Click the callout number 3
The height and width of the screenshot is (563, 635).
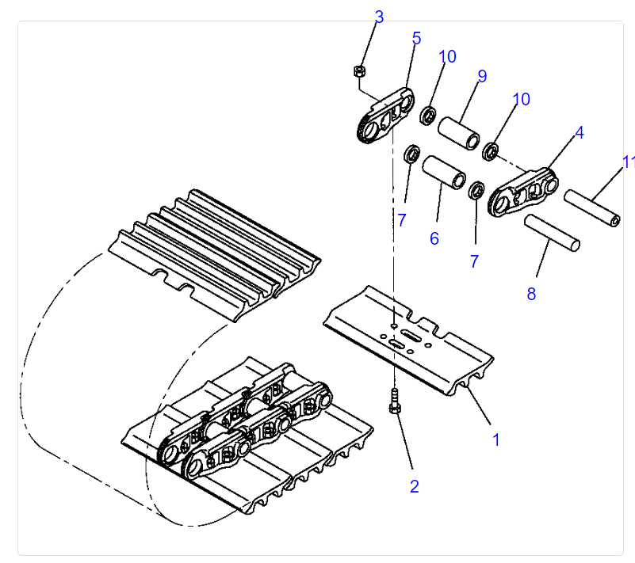point(379,17)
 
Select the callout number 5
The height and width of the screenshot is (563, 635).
point(416,39)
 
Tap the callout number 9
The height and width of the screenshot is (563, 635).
point(482,76)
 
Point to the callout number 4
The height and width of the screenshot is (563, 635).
point(580,133)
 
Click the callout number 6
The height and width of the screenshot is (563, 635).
point(434,238)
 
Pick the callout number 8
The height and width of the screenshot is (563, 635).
point(531,294)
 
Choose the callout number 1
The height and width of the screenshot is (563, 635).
point(496,439)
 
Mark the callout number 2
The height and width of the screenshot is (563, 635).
point(414,486)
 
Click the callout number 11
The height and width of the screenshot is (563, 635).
point(629,162)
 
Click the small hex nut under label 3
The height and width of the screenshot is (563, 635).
point(359,71)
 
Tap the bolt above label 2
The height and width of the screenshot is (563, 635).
point(395,401)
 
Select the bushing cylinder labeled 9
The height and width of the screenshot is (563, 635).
point(459,133)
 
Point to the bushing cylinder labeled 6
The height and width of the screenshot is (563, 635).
point(444,172)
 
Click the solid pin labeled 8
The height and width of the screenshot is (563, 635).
point(552,233)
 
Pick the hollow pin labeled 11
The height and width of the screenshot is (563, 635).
point(592,208)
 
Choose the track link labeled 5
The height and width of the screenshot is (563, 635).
point(385,116)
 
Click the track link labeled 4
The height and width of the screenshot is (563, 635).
point(522,192)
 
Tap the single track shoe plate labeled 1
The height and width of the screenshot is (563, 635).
point(408,340)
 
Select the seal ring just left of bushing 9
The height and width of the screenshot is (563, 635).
point(427,116)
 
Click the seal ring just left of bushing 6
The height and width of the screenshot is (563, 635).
point(412,154)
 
